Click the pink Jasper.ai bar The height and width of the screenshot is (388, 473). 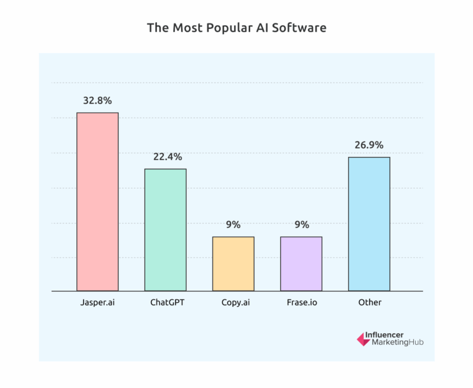pos(97,201)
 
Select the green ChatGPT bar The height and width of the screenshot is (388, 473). pos(165,230)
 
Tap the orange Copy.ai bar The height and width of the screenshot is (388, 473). pos(233,264)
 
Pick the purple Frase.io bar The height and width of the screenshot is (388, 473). pos(301,264)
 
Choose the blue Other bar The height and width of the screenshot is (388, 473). pos(369,224)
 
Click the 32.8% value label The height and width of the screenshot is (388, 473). pos(97,100)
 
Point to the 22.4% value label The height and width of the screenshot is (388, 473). pos(165,157)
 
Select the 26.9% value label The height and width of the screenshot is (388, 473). pos(369,145)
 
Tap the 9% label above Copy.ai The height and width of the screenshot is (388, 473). pos(233,225)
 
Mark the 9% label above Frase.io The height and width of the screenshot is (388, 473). pos(301,225)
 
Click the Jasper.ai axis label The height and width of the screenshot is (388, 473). pos(97,302)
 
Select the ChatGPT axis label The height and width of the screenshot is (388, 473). pos(165,302)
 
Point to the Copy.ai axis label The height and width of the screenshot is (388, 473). pos(233,302)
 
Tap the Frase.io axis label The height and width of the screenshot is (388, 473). pos(301,302)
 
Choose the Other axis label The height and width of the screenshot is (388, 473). pos(369,302)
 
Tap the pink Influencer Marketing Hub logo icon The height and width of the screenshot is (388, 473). pos(363,339)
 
